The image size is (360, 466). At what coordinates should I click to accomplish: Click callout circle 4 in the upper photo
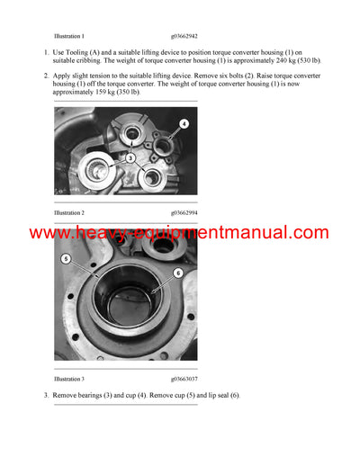(184, 123)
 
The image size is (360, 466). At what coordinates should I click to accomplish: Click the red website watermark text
(179, 232)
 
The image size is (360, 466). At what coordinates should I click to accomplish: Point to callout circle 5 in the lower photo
(66, 259)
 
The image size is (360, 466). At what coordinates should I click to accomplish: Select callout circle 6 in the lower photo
(178, 272)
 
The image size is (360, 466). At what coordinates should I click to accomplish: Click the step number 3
(46, 395)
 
